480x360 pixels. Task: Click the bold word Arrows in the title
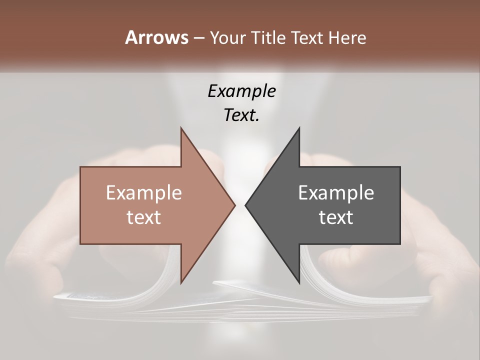coord(156,38)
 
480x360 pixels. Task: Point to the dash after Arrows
coord(198,38)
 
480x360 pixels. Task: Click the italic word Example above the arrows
coord(241,91)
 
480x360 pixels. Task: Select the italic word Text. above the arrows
coord(241,115)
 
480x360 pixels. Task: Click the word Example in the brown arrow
coord(144,192)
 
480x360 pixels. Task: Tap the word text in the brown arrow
coord(144,217)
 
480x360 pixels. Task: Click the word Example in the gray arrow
coord(336,192)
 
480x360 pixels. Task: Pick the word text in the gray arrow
coord(336,217)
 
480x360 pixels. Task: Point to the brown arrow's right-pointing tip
coord(235,205)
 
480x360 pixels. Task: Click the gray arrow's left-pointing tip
coord(245,205)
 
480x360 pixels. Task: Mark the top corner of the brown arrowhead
coord(181,128)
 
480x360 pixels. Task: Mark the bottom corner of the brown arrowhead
coord(181,283)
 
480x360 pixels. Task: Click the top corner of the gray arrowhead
coord(299,128)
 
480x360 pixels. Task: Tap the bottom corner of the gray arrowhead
coord(299,283)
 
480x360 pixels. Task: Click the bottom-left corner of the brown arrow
coord(81,243)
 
